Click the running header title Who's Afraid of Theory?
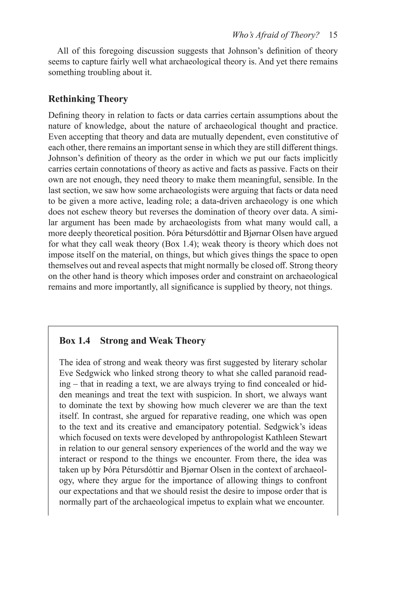pyautogui.click(x=276, y=35)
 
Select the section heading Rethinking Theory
pyautogui.click(x=88, y=99)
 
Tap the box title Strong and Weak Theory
pyautogui.click(x=153, y=341)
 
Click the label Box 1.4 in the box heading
pyautogui.click(x=75, y=341)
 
